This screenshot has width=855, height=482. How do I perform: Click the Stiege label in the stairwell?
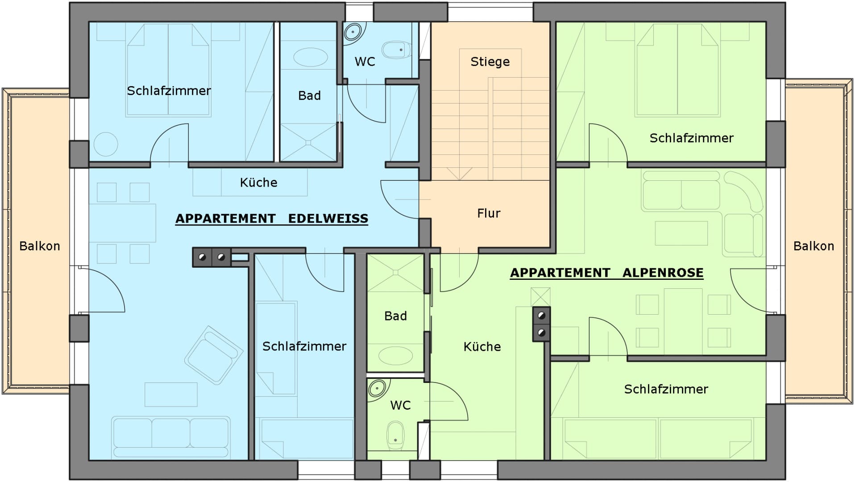pyautogui.click(x=490, y=62)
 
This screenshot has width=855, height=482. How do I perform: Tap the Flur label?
pyautogui.click(x=489, y=213)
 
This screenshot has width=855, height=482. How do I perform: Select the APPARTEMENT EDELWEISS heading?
pyautogui.click(x=272, y=219)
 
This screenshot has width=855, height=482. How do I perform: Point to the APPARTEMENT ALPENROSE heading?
pyautogui.click(x=607, y=273)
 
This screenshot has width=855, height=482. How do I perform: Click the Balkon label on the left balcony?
pyautogui.click(x=40, y=246)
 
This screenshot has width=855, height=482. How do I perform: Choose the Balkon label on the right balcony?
pyautogui.click(x=813, y=246)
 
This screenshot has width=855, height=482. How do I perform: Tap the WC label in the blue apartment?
pyautogui.click(x=365, y=62)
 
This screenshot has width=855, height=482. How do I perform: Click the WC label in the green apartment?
pyautogui.click(x=400, y=405)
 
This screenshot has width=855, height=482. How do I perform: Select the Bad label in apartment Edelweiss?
pyautogui.click(x=309, y=96)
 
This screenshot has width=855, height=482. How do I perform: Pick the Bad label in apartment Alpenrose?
pyautogui.click(x=395, y=316)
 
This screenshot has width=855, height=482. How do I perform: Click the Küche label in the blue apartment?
pyautogui.click(x=258, y=182)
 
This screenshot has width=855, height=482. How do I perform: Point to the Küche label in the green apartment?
pyautogui.click(x=482, y=346)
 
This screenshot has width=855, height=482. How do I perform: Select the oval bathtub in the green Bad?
pyautogui.click(x=395, y=356)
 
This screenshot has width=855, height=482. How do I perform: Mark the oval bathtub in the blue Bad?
pyautogui.click(x=311, y=58)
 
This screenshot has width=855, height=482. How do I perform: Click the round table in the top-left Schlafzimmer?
pyautogui.click(x=106, y=144)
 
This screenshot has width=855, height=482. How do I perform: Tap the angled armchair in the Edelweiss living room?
pyautogui.click(x=213, y=355)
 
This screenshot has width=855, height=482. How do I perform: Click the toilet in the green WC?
pyautogui.click(x=395, y=436)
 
